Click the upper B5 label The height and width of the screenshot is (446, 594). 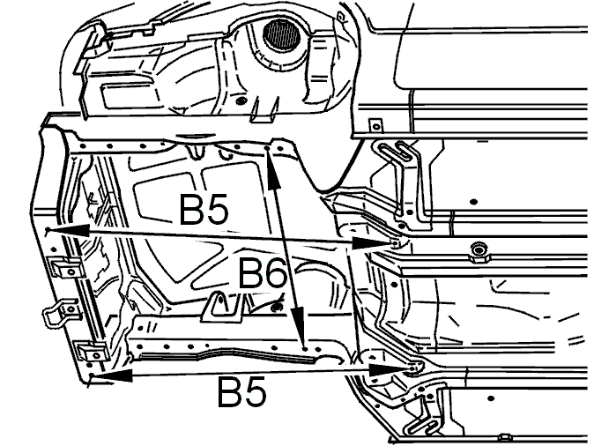pyautogui.click(x=204, y=209)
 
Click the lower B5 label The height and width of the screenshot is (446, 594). pyautogui.click(x=242, y=392)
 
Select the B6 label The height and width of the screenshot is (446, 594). pyautogui.click(x=262, y=272)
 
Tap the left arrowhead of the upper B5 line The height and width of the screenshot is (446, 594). pyautogui.click(x=68, y=230)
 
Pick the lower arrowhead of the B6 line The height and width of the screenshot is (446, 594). pyautogui.click(x=299, y=322)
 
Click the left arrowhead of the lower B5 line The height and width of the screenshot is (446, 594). pyautogui.click(x=112, y=375)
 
